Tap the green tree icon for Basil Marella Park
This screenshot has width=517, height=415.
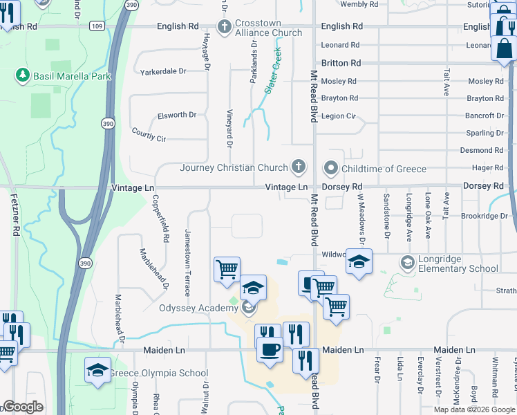click(23, 75)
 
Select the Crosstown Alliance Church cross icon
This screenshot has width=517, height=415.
click(224, 27)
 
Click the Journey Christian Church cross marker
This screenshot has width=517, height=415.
click(299, 167)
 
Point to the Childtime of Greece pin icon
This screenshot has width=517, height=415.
click(331, 169)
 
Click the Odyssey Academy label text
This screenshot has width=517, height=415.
click(198, 308)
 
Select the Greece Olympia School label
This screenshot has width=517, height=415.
click(160, 373)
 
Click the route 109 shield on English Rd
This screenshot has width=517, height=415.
click(97, 26)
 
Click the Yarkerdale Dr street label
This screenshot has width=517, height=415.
click(163, 71)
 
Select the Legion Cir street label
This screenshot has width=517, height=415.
click(339, 116)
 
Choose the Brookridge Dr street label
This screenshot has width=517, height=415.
click(485, 216)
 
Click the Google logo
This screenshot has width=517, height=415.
click(23, 407)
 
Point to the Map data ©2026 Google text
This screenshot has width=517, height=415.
click(473, 409)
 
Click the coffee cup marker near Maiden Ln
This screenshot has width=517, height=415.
click(270, 349)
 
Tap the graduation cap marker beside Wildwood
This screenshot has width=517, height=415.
click(359, 262)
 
